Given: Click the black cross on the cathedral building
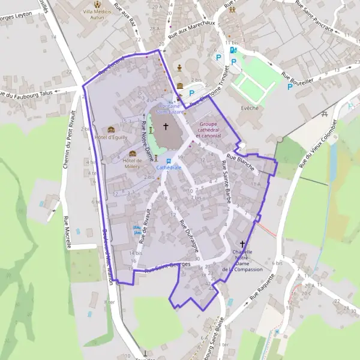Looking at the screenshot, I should coord(166,127).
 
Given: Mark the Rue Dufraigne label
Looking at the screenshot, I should coord(189,235).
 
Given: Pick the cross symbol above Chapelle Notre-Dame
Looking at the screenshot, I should coord(243,244).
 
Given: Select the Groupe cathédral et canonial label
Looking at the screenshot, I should coord(207,130).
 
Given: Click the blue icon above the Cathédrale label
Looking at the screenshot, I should coord(169,161).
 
